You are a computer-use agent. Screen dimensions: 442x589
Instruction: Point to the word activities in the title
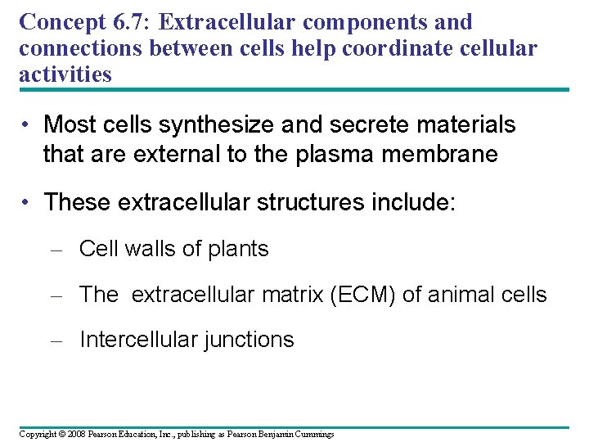tap(65, 74)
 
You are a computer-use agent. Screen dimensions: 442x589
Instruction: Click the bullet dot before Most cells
tap(27, 125)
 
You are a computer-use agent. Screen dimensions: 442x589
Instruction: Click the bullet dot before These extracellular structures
tap(27, 202)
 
